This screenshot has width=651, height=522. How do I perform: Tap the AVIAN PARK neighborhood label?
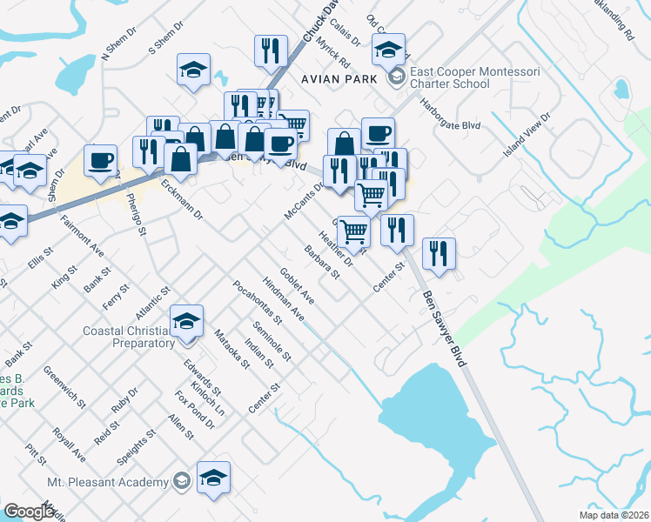pos(340,78)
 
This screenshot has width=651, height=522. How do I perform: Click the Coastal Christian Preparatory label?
pos(129,337)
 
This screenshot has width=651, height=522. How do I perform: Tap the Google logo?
pos(30,512)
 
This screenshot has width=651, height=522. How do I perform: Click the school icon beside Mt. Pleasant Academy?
pos(213,477)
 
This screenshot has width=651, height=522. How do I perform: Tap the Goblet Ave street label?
pos(296,285)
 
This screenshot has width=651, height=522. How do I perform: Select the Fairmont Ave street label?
pos(82,241)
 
